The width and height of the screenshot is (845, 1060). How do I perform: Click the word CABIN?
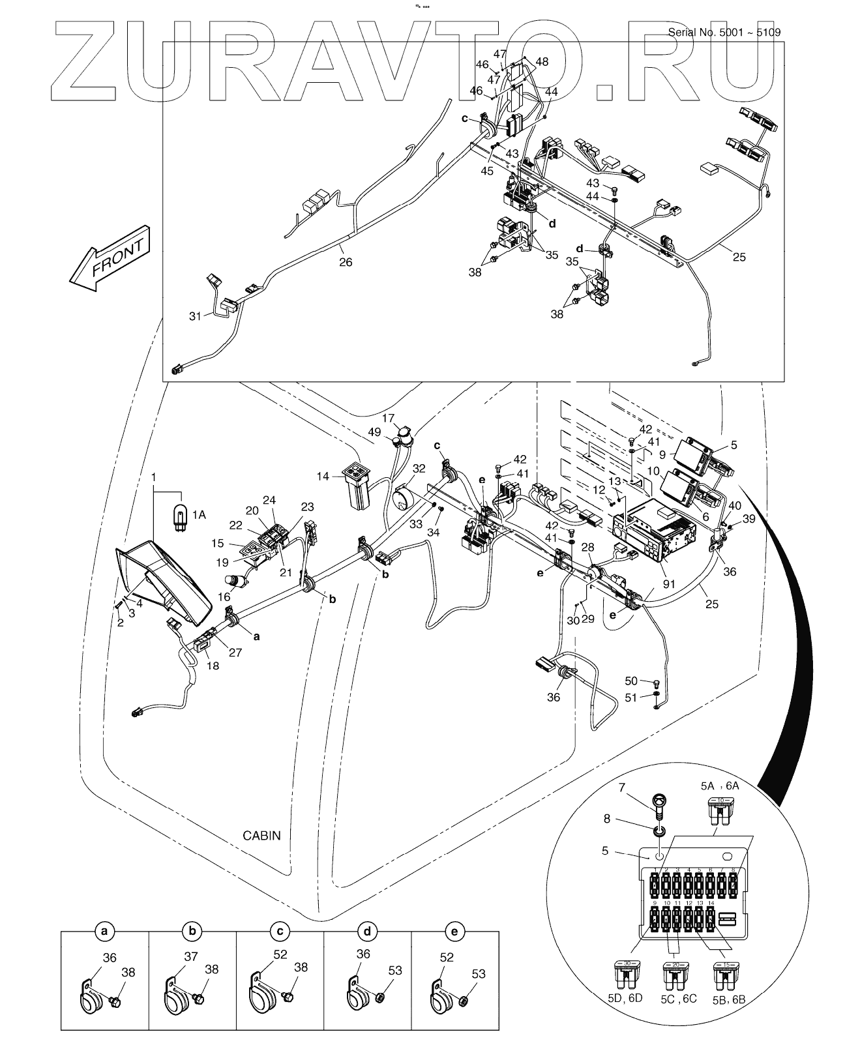click(x=261, y=835)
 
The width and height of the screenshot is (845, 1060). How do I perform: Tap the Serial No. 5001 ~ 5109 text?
click(x=725, y=33)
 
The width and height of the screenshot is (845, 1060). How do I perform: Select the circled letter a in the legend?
click(x=104, y=932)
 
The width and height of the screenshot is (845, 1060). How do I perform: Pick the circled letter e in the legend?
click(x=454, y=932)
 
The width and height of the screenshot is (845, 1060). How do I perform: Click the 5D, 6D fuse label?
click(x=625, y=998)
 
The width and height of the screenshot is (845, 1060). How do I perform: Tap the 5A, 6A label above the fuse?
click(x=720, y=786)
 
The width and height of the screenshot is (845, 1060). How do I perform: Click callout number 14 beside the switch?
click(x=322, y=477)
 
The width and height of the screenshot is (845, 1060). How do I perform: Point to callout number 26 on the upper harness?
click(x=346, y=262)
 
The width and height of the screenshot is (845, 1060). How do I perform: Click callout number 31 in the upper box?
click(x=196, y=316)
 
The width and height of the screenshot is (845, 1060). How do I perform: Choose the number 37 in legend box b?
click(x=190, y=957)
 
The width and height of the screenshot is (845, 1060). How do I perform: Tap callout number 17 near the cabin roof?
click(x=389, y=417)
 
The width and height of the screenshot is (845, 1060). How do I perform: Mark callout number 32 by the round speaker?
click(x=419, y=468)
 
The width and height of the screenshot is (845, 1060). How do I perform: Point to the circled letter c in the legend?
click(x=279, y=932)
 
